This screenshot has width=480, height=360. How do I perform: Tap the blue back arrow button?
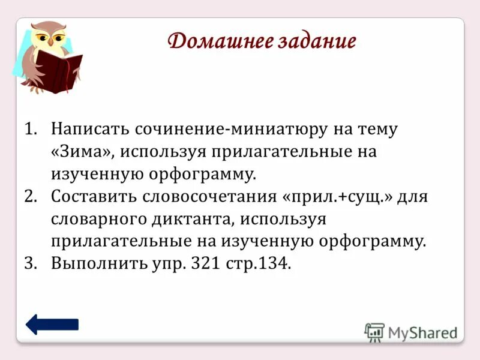coord(52,325)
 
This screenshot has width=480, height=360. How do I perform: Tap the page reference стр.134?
coord(259,264)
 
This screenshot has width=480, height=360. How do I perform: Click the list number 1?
coord(30,129)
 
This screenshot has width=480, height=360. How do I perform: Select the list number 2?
coord(30,197)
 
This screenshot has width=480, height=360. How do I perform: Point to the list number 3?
coord(30,264)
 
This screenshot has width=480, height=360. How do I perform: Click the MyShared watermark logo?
coord(411,332)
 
